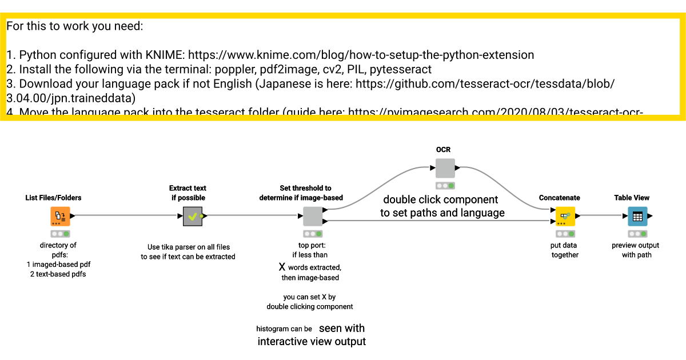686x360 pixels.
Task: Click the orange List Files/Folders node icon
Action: (x=60, y=217)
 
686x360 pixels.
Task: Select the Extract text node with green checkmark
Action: (x=193, y=217)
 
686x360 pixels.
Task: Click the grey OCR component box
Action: (x=445, y=168)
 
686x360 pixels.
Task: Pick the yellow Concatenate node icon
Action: (x=565, y=217)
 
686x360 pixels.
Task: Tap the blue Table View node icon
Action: (x=637, y=217)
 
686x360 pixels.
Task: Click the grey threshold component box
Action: (x=312, y=217)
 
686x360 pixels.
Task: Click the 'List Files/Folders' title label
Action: (x=53, y=198)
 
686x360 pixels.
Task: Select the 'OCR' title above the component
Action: (x=443, y=150)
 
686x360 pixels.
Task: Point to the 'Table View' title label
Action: (x=632, y=198)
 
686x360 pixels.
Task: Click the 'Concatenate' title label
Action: (x=559, y=198)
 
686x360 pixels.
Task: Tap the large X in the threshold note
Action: (x=281, y=267)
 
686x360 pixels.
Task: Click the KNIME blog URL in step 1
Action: (x=361, y=55)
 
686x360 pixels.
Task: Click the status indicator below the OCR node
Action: (x=445, y=186)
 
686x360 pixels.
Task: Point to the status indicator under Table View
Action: (x=637, y=234)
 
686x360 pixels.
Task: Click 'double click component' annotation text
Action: (x=440, y=200)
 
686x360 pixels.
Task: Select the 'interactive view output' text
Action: (x=312, y=342)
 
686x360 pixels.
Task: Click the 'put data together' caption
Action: (x=565, y=250)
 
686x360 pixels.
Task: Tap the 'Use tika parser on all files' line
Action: (x=188, y=247)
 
